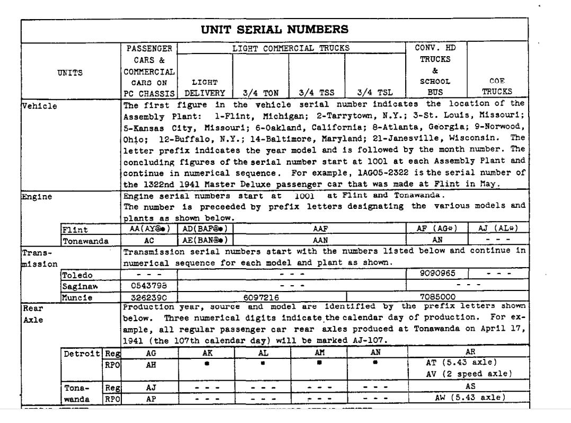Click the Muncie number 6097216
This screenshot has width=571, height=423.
pos(261,295)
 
